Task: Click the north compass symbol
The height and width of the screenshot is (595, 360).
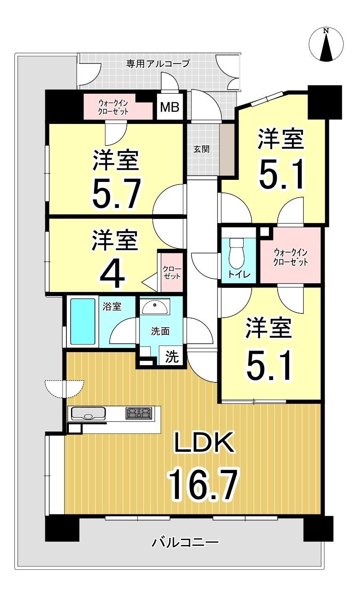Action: click(x=326, y=44)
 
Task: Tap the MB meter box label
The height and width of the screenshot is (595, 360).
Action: click(x=170, y=107)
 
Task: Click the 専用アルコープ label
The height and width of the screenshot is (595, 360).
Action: click(x=158, y=64)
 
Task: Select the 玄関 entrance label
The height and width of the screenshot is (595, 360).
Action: click(x=201, y=149)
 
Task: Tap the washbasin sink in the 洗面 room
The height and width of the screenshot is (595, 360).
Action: click(x=155, y=306)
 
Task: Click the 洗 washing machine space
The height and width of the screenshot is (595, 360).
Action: click(x=172, y=357)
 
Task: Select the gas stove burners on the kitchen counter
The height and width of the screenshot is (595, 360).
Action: click(x=139, y=413)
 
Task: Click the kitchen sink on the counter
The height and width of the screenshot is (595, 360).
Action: click(x=88, y=413)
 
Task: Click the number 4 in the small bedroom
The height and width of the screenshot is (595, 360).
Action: click(x=112, y=276)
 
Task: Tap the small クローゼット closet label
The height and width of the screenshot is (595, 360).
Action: click(x=172, y=272)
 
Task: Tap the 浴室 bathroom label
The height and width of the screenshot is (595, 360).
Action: click(x=112, y=307)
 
